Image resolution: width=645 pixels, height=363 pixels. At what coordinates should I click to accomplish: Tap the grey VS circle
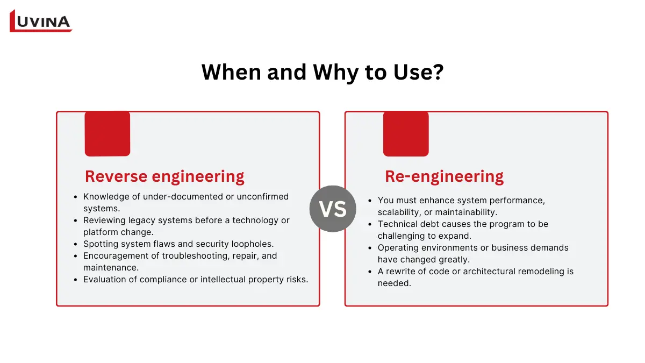click(333, 209)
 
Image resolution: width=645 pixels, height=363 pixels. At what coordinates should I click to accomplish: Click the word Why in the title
click(328, 73)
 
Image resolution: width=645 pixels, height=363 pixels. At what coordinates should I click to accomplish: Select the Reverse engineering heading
click(164, 176)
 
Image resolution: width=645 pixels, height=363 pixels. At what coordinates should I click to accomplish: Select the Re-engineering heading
click(444, 176)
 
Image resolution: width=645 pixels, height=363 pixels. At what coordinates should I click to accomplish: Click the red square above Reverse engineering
click(107, 133)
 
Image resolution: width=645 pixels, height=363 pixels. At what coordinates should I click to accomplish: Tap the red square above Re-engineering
click(406, 133)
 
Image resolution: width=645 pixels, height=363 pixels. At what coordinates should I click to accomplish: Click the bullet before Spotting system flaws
click(75, 244)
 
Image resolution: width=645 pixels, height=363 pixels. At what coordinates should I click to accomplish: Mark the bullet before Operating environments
click(370, 248)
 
